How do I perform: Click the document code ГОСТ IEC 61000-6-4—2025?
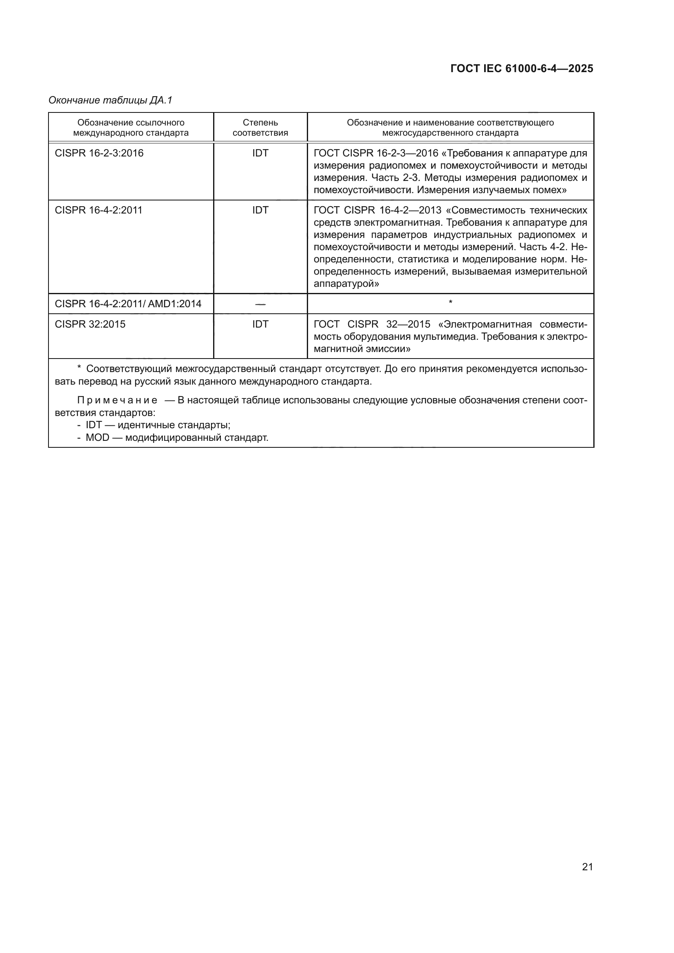tap(522, 68)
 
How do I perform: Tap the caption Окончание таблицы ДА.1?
tap(110, 100)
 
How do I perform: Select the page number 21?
tap(587, 867)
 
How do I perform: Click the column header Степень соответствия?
tap(260, 128)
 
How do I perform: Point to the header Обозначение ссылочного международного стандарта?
tap(131, 128)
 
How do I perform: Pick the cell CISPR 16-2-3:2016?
tap(99, 153)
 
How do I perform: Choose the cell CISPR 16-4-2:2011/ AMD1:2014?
tap(128, 304)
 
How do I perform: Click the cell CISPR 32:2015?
tap(90, 324)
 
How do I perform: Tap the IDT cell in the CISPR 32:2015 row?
tap(260, 324)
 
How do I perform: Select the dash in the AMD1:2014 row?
tap(260, 304)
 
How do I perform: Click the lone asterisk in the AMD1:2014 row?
tap(450, 303)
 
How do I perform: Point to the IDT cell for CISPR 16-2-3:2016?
tap(260, 153)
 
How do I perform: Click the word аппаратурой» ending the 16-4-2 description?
tap(346, 284)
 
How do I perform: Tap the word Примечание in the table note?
tap(117, 400)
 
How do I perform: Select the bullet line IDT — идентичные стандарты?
tap(158, 425)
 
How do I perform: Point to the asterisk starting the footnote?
tap(79, 368)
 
